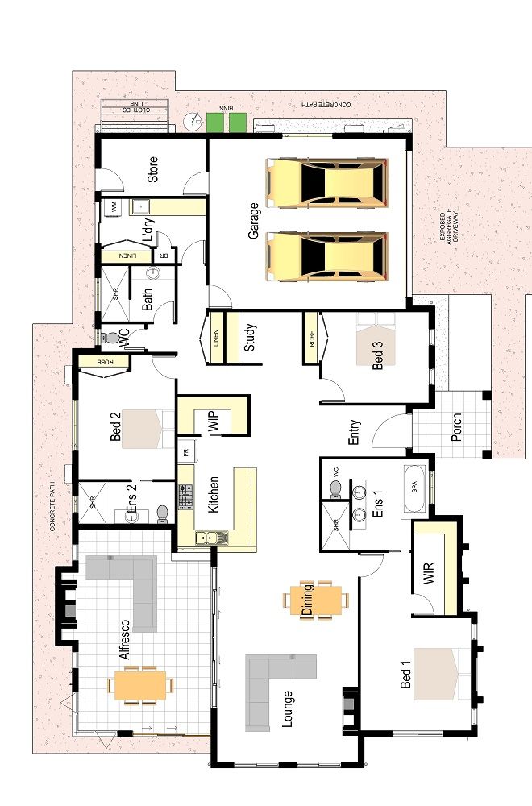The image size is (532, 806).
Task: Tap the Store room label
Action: tap(152, 168)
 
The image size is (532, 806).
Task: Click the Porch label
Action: tap(457, 428)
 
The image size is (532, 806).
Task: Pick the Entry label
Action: tap(354, 431)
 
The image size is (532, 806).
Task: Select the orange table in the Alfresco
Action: tap(140, 685)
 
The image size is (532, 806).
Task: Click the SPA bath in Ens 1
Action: tap(416, 488)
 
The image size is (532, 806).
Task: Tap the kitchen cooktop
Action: tap(185, 498)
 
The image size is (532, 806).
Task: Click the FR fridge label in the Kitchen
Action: tap(185, 453)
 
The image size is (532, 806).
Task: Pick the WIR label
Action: tap(428, 575)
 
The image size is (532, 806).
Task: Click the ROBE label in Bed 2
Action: tap(106, 362)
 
